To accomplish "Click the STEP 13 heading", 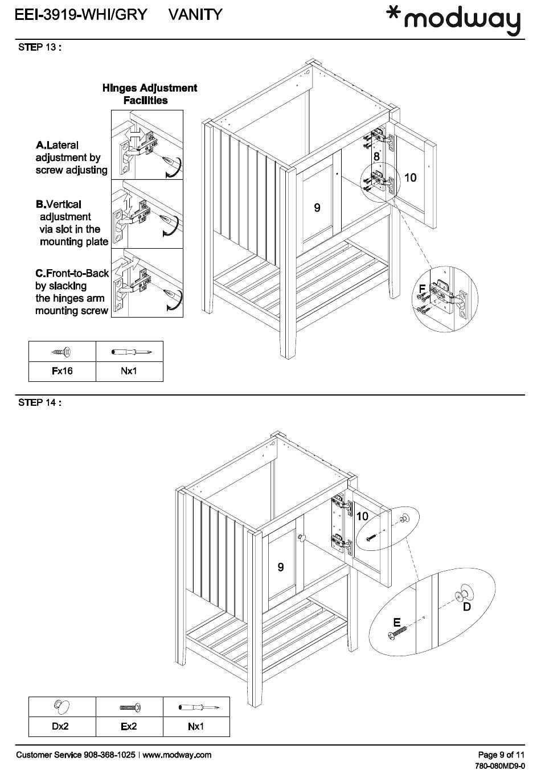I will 39,47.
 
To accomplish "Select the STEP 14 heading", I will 39,403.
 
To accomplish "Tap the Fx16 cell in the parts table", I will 62,371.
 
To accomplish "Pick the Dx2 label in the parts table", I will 60,726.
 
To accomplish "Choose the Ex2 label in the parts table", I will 129,726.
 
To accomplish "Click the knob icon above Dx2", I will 62,707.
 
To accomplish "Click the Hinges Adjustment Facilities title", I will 149,94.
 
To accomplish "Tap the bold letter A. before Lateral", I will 41,146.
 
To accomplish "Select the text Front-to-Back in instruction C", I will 77,273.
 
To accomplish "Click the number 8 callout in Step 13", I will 376,157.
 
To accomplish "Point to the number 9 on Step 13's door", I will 317,208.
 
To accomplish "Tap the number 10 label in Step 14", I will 362,517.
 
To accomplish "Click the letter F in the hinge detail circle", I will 422,289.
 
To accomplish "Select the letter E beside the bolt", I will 396,622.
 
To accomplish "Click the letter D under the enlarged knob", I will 467,607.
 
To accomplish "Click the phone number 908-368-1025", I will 109,755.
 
